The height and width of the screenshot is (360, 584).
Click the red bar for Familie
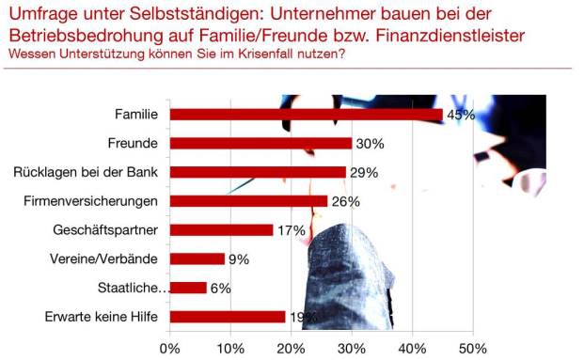click(x=306, y=115)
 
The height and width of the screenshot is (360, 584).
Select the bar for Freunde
click(x=260, y=144)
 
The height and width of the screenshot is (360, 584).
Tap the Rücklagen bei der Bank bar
click(x=258, y=172)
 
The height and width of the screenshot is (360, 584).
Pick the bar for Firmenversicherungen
click(x=248, y=201)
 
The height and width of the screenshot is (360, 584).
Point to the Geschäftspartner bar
click(x=221, y=230)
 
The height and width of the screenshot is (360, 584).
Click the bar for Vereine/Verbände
click(x=197, y=258)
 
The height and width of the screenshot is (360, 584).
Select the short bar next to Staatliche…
click(x=187, y=288)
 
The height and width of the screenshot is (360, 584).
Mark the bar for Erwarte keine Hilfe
click(x=227, y=317)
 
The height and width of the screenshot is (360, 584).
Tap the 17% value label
click(x=290, y=230)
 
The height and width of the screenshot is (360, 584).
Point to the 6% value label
click(x=220, y=288)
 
